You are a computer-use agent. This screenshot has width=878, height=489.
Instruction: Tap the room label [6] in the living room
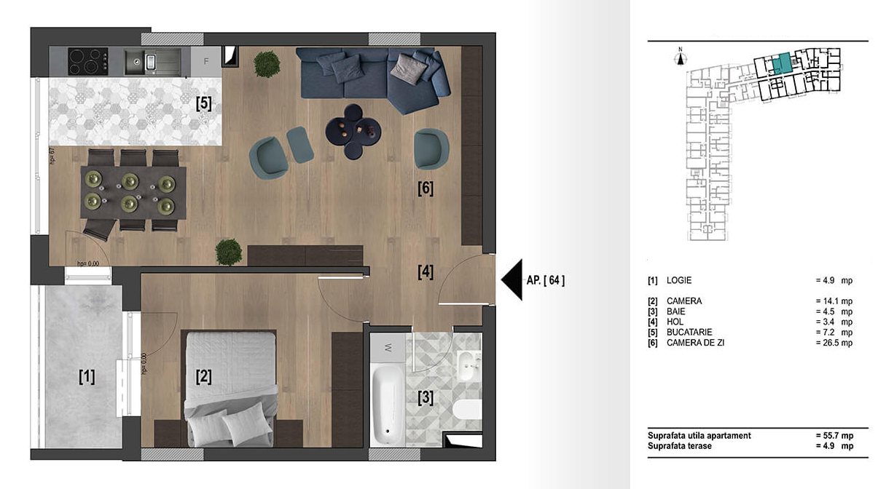click(x=426, y=188)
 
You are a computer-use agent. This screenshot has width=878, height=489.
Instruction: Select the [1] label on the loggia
click(x=87, y=376)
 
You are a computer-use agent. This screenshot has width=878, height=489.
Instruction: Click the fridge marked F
click(x=206, y=61)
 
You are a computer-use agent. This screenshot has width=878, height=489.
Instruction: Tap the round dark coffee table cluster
click(x=353, y=131)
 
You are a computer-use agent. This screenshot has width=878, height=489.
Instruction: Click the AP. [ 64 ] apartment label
click(x=546, y=279)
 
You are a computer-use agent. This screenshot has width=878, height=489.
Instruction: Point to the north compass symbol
click(x=680, y=58)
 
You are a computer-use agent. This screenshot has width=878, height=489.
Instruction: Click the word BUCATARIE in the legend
click(x=689, y=332)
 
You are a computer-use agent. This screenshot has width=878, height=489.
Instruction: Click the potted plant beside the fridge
click(x=266, y=64)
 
